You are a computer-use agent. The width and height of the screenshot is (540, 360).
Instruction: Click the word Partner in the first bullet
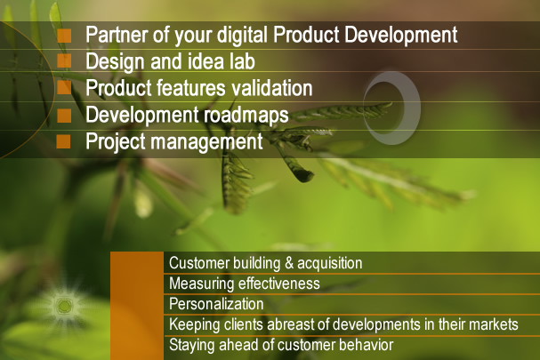(x=117, y=35)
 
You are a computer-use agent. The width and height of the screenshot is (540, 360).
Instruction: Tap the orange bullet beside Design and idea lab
(x=64, y=61)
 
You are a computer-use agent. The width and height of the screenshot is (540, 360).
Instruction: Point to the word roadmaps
(x=246, y=116)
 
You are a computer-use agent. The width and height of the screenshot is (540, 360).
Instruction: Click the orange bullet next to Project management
(x=63, y=141)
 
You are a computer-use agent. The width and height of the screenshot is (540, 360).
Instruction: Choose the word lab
(x=242, y=61)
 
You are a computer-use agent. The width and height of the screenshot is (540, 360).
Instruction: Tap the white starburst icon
(x=64, y=306)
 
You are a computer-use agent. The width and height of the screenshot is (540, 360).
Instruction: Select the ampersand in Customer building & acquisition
(x=289, y=263)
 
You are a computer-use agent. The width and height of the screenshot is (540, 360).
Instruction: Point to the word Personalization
(x=216, y=304)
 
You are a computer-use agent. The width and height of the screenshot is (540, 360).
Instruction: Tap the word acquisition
(x=329, y=263)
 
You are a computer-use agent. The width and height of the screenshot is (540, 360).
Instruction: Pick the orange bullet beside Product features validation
(x=64, y=87)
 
